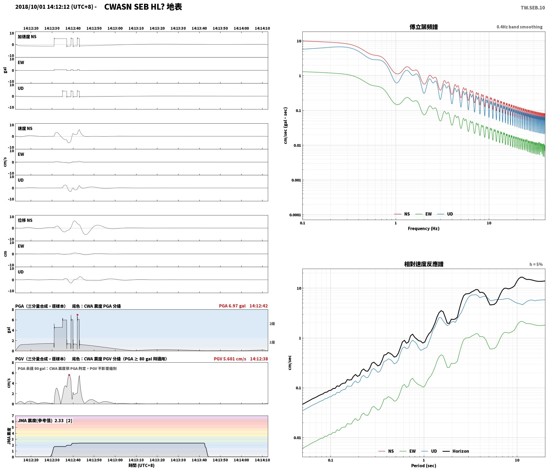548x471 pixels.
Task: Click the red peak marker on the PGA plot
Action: (x=77, y=315)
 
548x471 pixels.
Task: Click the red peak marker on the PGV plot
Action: (x=69, y=375)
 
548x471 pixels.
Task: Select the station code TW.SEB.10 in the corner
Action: (x=533, y=8)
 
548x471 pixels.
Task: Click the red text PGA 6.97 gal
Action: (x=232, y=306)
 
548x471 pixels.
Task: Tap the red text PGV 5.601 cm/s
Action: (x=230, y=359)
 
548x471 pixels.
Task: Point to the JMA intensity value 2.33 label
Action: (x=45, y=421)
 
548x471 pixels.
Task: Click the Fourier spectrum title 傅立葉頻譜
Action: (x=424, y=27)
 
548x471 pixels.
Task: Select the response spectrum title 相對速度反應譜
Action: (x=424, y=264)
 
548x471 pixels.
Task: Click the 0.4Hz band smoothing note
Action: (x=520, y=27)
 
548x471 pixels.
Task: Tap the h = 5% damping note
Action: (x=536, y=264)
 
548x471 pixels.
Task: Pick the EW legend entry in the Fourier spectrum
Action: (x=424, y=214)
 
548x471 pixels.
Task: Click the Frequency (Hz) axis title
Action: (x=424, y=229)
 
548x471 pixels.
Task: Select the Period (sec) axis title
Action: (x=424, y=466)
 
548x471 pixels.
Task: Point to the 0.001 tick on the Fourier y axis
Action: (x=296, y=180)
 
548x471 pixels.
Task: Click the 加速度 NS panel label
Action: (x=27, y=37)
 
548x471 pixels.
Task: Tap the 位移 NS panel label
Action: (x=25, y=220)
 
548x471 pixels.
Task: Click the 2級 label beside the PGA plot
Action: (x=272, y=324)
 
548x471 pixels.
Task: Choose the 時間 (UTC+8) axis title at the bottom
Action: (x=142, y=465)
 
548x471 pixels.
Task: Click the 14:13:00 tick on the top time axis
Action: (x=115, y=28)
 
